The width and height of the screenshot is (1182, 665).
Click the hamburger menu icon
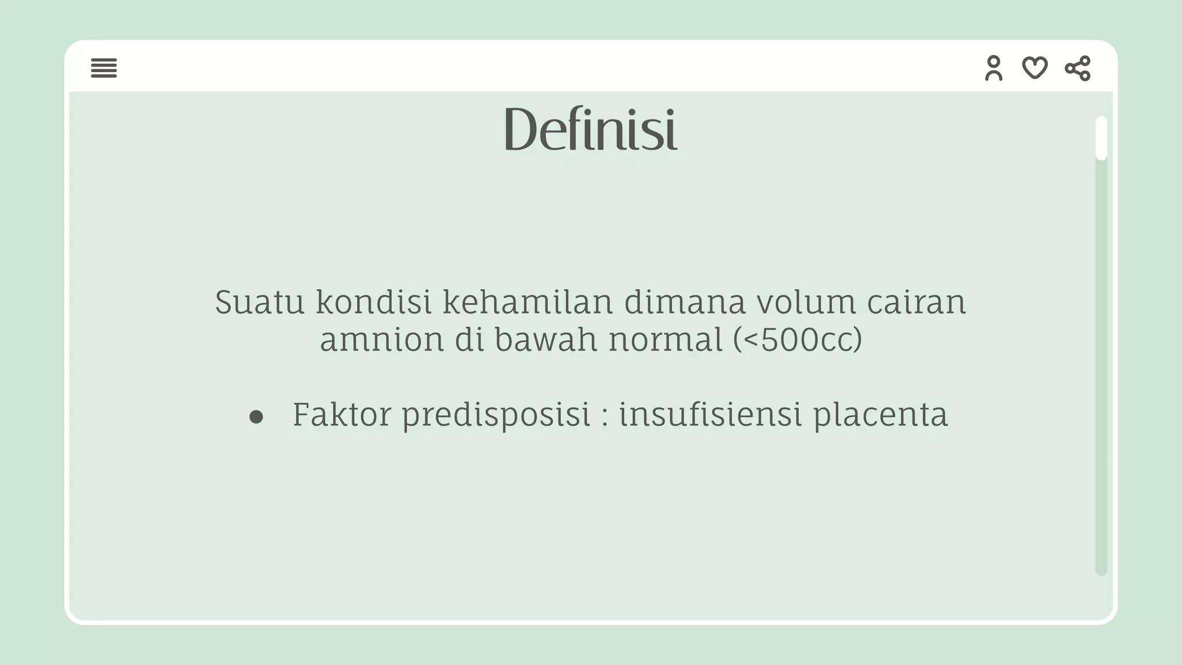(x=104, y=68)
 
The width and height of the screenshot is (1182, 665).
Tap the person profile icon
(x=993, y=68)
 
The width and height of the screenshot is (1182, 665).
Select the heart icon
(x=1035, y=68)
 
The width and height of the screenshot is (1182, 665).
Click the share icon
(x=1078, y=68)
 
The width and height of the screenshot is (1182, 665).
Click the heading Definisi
(x=590, y=129)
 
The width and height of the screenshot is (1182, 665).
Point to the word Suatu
(x=259, y=302)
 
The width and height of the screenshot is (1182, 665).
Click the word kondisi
(x=373, y=302)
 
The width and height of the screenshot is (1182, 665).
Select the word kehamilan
(x=527, y=302)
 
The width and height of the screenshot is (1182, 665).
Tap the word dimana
(x=685, y=302)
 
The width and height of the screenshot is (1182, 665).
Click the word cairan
(x=917, y=302)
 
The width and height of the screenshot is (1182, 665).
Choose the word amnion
(x=381, y=339)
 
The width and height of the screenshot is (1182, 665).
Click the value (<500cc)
(x=798, y=339)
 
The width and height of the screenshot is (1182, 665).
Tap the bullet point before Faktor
(x=256, y=417)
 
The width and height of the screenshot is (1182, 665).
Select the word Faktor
(x=342, y=414)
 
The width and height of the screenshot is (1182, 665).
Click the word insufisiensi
(x=710, y=414)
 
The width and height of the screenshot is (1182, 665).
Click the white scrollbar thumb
(x=1101, y=138)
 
